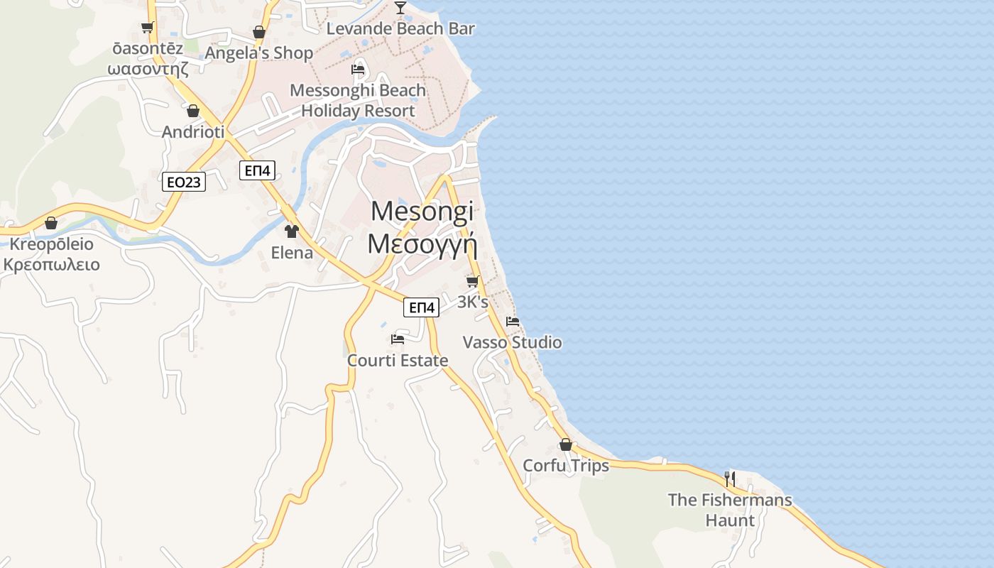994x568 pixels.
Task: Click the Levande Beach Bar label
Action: [400, 28]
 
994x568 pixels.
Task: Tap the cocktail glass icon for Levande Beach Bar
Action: [400, 8]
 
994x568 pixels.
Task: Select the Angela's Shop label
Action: [259, 53]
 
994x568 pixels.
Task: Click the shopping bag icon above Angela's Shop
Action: [259, 32]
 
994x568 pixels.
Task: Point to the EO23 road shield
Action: [183, 182]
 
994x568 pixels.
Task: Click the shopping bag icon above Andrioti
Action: [193, 111]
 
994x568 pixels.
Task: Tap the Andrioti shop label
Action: [193, 131]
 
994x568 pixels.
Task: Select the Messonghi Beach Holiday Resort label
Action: [358, 100]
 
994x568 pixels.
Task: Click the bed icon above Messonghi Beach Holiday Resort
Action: [358, 70]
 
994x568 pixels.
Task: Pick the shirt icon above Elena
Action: [291, 231]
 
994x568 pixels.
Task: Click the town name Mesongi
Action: [422, 211]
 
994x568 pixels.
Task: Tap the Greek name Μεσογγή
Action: [422, 243]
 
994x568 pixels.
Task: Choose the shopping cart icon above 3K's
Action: [473, 281]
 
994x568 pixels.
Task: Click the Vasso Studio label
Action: [512, 342]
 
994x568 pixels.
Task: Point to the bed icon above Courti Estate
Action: [398, 339]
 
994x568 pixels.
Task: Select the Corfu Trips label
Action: [566, 465]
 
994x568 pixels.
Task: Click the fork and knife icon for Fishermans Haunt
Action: [730, 479]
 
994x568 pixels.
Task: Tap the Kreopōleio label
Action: [51, 244]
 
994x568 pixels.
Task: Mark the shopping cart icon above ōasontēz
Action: [147, 28]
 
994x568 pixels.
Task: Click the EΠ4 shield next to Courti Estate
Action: [421, 307]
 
